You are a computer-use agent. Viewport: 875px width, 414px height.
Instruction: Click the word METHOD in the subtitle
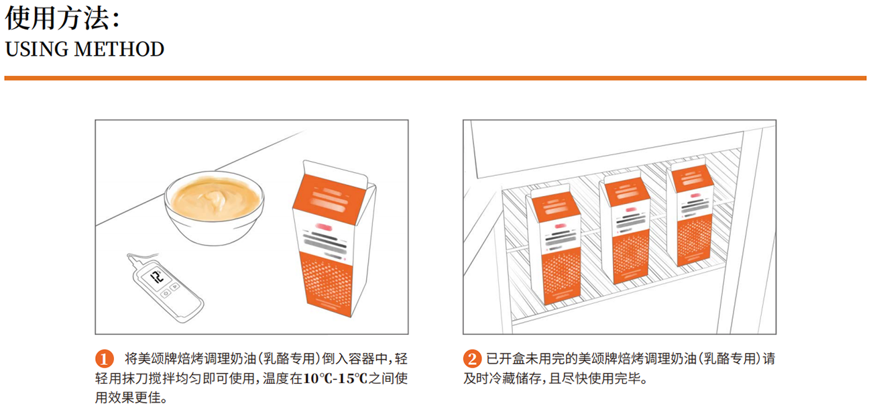pos(119,49)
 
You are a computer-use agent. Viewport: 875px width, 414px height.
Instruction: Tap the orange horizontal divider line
pos(435,79)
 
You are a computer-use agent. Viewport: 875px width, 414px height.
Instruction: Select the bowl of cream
pos(214,208)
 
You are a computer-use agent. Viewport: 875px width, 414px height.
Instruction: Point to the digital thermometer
pos(164,287)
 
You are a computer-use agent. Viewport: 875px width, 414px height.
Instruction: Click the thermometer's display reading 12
pos(157,277)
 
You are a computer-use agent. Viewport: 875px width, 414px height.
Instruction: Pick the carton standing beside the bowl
pos(334,238)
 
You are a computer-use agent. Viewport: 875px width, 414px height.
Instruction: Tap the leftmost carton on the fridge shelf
pos(554,246)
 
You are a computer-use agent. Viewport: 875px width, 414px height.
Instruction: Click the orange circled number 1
pos(105,359)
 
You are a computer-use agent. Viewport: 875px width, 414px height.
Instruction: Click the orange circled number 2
pos(472,359)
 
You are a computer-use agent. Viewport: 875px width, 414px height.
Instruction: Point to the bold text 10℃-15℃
pos(335,378)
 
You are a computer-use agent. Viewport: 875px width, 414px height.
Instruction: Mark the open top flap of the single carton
pos(336,172)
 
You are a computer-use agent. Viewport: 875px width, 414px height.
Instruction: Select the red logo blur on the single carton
pos(324,227)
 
